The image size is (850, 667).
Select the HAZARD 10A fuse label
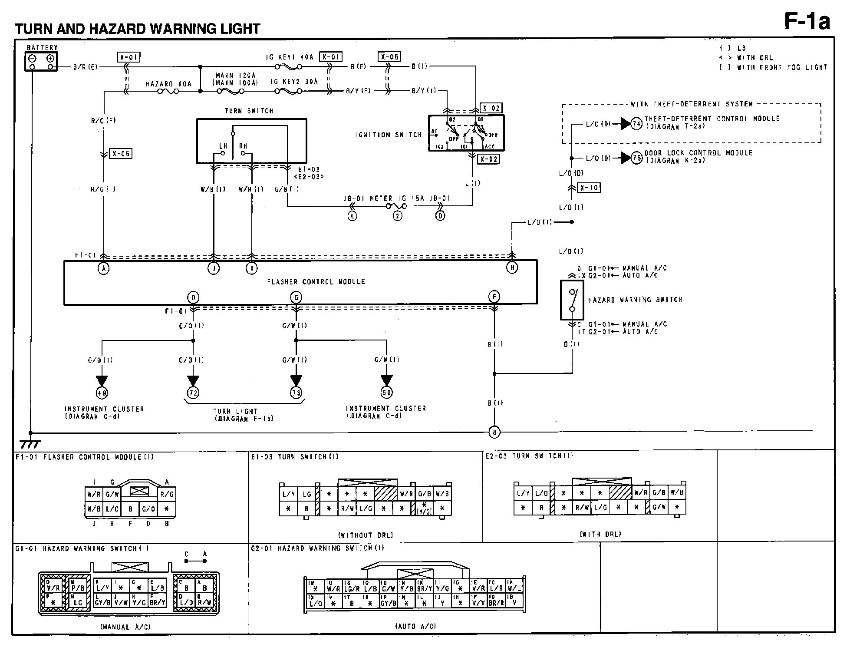tap(168, 84)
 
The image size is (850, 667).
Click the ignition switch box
tap(466, 133)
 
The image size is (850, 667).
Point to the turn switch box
tap(251, 141)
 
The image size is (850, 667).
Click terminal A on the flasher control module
tap(103, 269)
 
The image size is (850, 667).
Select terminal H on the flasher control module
tap(512, 268)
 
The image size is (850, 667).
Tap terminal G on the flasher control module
tap(296, 297)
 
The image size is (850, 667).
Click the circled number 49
tap(102, 393)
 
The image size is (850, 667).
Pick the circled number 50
tap(386, 393)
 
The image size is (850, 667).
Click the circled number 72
tap(193, 393)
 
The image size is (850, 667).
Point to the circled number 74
tap(636, 124)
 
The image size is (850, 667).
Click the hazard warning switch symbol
tap(572, 300)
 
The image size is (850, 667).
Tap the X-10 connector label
tap(589, 188)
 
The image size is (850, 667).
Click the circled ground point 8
tap(494, 432)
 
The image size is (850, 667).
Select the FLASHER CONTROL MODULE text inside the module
tap(316, 282)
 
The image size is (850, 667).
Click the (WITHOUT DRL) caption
tap(365, 535)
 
